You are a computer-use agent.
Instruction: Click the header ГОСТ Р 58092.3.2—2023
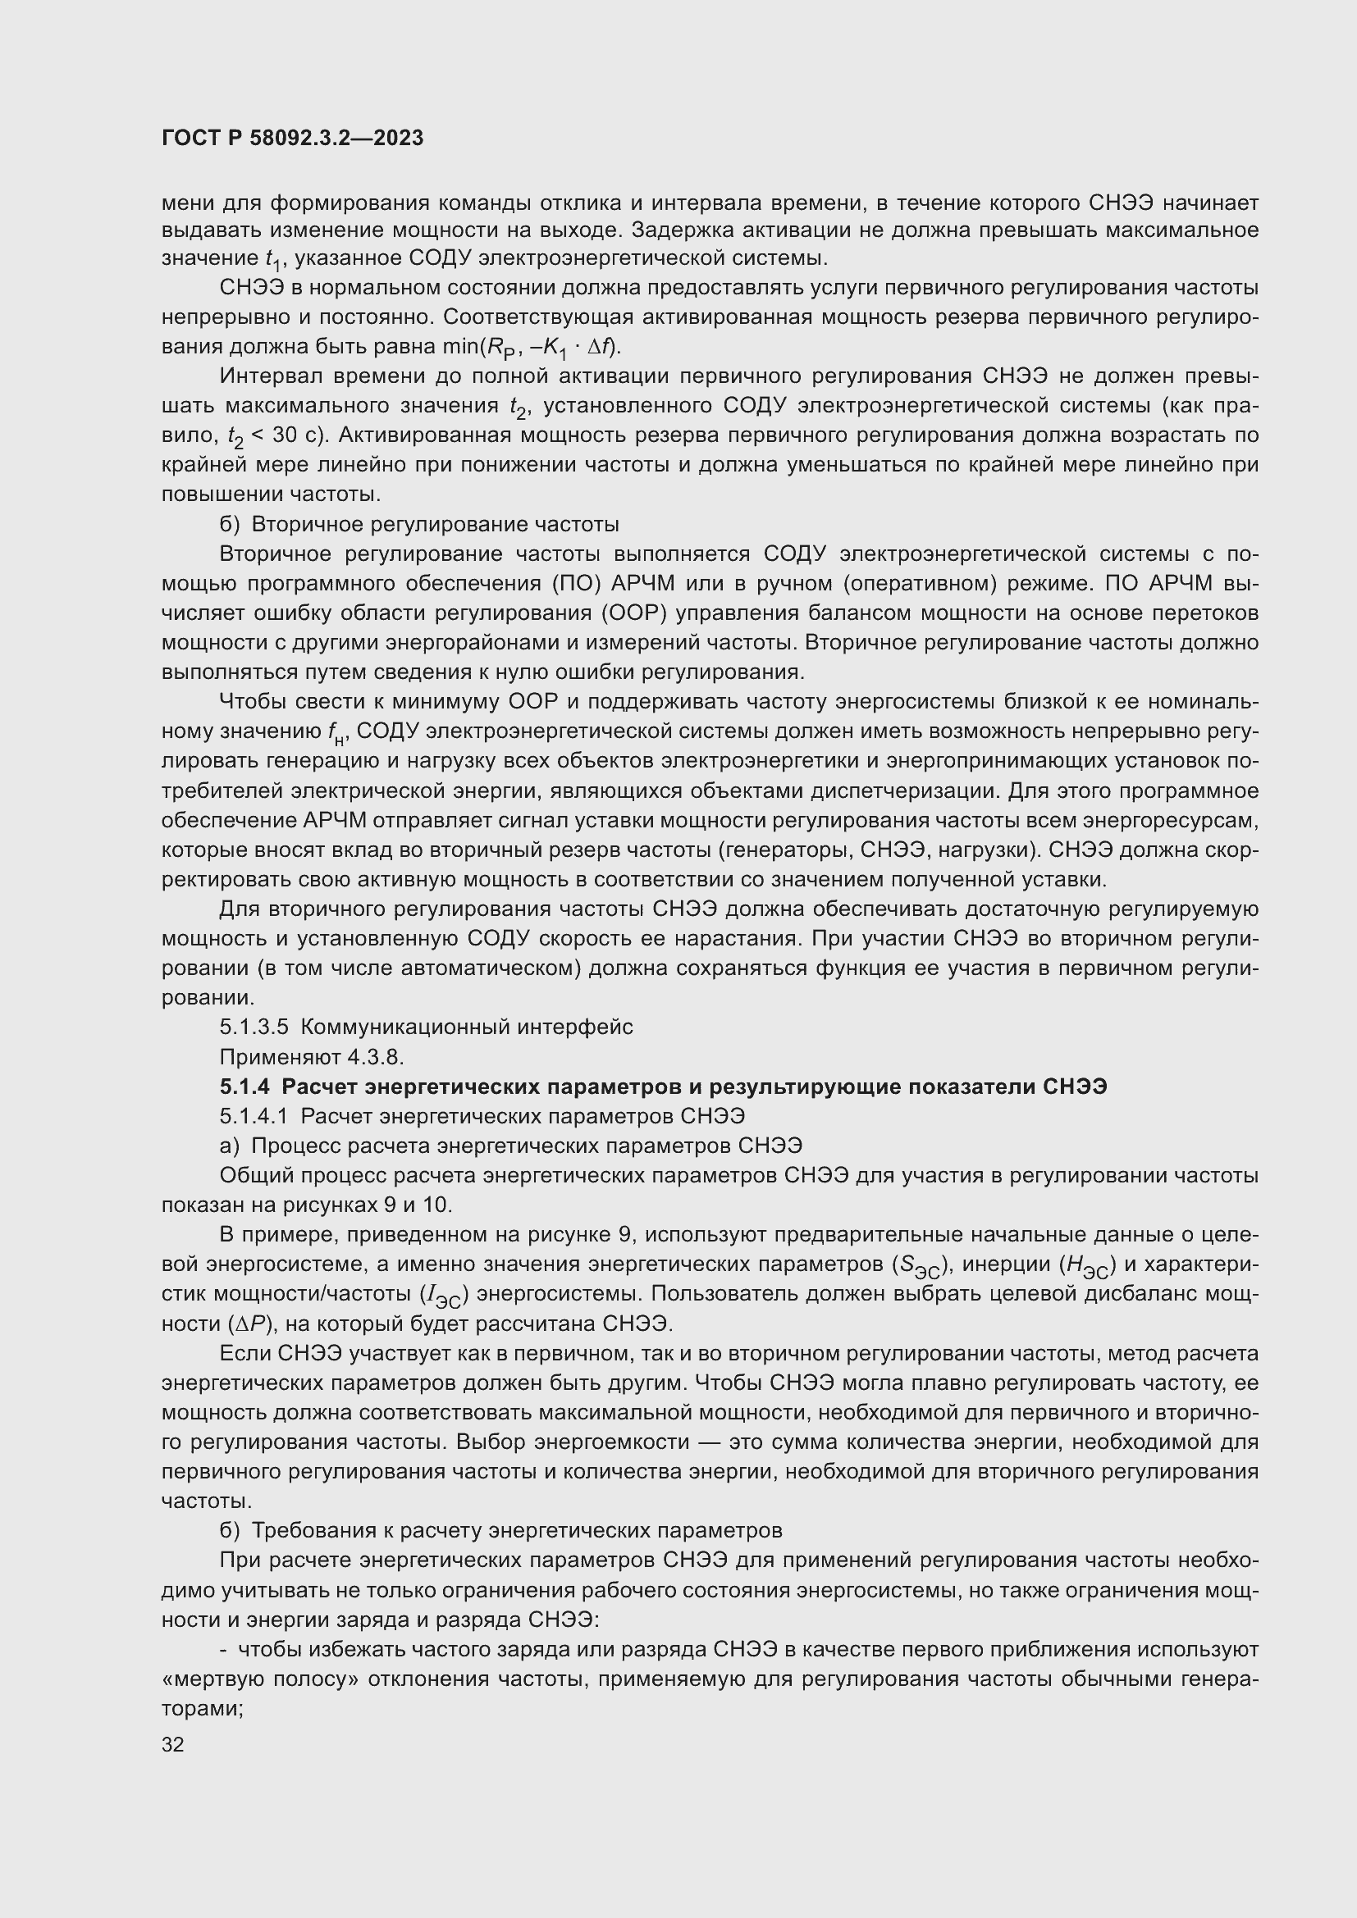pos(292,139)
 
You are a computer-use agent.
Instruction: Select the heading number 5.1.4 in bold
pos(244,1086)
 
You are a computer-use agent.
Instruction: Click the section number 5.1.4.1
pos(254,1116)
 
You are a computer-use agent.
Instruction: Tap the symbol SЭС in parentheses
pos(916,1266)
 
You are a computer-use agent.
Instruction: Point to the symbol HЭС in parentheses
pos(1084,1266)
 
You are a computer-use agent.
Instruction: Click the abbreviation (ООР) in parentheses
pos(633,613)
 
